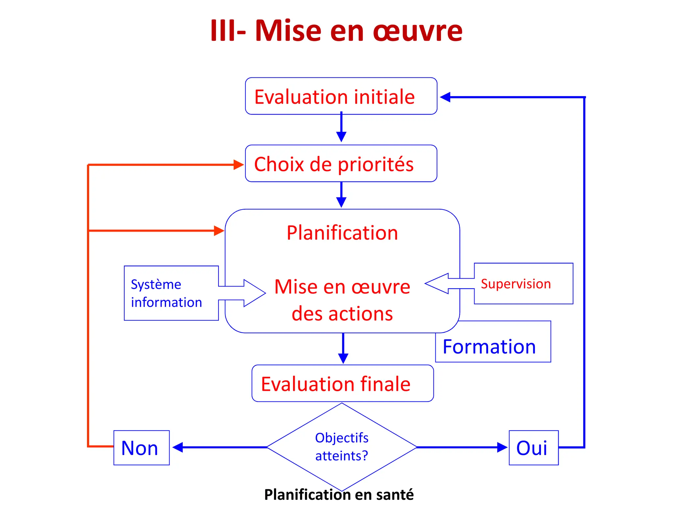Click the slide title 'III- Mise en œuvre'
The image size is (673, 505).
coord(336,31)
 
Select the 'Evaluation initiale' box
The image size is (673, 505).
coord(341,96)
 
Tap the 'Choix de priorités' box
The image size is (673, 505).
coord(341,164)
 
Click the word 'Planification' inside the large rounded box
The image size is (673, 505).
coord(342,233)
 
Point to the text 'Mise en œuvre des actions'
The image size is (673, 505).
coord(342,300)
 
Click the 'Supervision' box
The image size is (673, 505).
coord(523,284)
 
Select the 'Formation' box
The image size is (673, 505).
coord(493,346)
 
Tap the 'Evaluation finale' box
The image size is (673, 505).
coord(342,384)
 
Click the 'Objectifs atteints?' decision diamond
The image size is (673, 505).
coord(342,447)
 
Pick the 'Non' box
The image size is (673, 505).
coord(141,448)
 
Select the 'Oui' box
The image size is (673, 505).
coord(533,448)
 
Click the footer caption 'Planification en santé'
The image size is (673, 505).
coord(339,494)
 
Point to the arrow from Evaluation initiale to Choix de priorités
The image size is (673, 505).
coord(341,128)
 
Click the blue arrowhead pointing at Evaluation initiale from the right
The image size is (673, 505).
coord(445,97)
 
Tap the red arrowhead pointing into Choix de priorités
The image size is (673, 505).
coord(238,164)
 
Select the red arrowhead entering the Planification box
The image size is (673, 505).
coord(219,231)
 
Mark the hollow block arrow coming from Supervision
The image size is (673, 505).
coord(444,283)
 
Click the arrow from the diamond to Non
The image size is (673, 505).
coord(220,447)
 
